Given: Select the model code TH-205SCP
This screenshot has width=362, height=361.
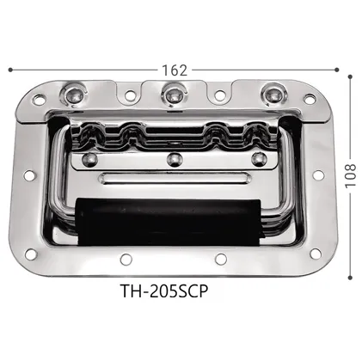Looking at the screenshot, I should tap(172, 290).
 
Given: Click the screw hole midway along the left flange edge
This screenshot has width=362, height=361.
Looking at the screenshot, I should tap(28, 176).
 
